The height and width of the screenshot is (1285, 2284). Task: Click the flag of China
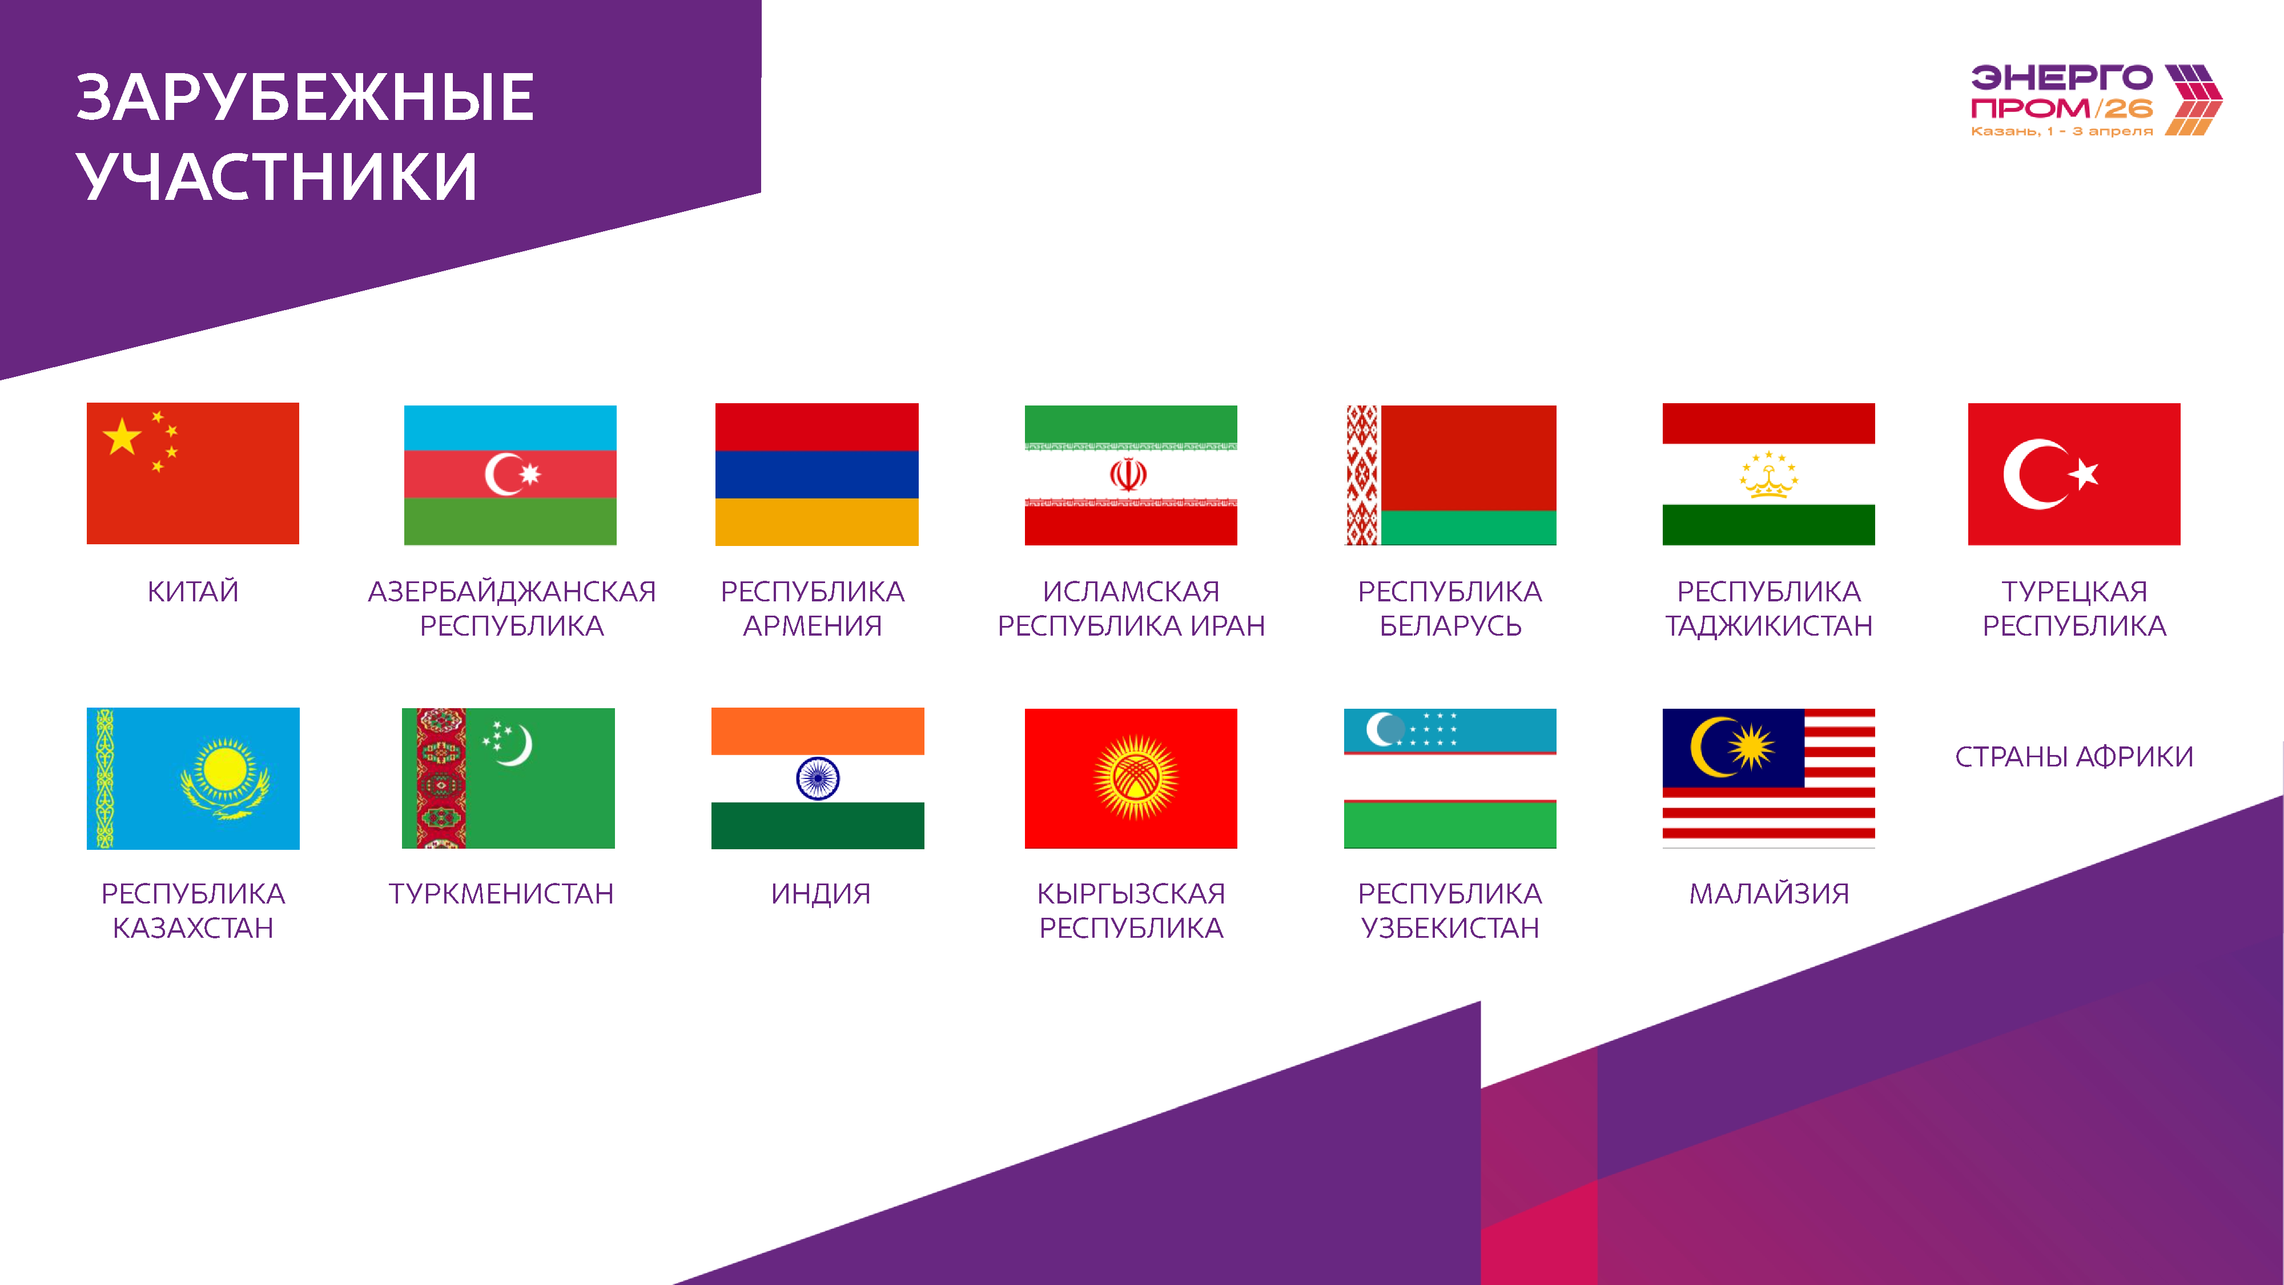192,473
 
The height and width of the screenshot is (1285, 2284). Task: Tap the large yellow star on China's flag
122,436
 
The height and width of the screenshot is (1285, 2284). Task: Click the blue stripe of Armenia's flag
817,475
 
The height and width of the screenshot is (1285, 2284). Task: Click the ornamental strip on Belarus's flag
1363,475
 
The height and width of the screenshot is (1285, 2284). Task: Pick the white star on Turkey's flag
2084,475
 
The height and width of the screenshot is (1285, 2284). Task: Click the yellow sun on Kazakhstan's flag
224,768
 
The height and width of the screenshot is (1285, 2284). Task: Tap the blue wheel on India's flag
818,778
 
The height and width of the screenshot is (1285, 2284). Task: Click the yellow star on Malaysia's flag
1752,746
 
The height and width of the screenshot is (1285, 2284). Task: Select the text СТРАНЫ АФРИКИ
2074,757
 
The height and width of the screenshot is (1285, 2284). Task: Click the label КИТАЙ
192,592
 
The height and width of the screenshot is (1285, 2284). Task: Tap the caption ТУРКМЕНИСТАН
501,893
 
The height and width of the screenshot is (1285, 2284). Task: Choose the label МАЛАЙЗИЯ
1769,893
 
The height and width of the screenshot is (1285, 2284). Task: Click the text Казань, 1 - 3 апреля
2061,131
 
